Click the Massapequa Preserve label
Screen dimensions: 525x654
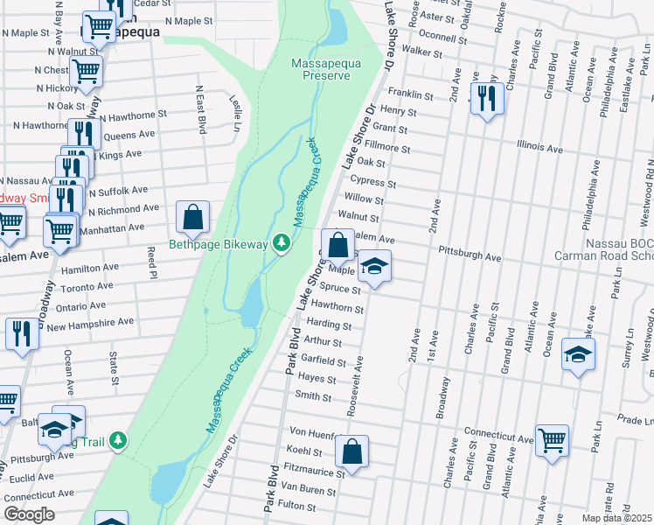[x=321, y=68]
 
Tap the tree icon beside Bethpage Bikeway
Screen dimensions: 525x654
[x=282, y=243]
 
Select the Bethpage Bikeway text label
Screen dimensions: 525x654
[x=218, y=244]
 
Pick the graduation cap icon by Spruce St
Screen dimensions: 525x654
[x=373, y=266]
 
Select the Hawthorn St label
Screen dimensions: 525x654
[x=342, y=307]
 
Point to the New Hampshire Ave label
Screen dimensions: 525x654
[x=90, y=324]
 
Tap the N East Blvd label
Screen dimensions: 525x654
[x=200, y=109]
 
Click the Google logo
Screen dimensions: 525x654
[x=28, y=514]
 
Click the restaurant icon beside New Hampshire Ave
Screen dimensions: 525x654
[x=21, y=333]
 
